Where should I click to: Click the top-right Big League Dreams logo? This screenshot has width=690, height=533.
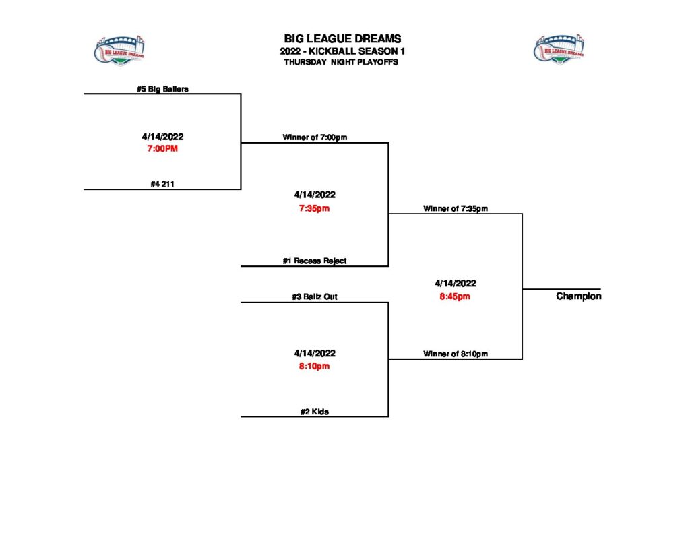[559, 50]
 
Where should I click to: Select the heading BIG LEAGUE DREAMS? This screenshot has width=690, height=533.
[342, 39]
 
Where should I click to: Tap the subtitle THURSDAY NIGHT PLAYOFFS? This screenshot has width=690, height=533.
[341, 62]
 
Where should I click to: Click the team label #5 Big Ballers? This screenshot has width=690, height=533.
[162, 88]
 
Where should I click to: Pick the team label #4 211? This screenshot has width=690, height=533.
[162, 184]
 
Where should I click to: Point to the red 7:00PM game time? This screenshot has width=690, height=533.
[162, 149]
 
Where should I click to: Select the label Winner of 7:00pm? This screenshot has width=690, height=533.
[315, 137]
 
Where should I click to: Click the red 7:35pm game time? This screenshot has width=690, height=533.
[315, 208]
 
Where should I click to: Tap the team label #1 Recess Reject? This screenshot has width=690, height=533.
[315, 261]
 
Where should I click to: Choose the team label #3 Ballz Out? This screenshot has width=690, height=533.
[315, 296]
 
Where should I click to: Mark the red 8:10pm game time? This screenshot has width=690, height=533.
[315, 367]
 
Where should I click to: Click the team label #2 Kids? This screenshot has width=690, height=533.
[315, 412]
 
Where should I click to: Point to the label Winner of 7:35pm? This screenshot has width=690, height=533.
[456, 208]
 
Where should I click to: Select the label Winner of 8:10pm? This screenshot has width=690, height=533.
[456, 354]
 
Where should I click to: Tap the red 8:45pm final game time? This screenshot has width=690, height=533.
[456, 297]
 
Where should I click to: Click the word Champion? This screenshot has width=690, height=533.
[578, 296]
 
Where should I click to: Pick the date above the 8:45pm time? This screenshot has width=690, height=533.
[456, 284]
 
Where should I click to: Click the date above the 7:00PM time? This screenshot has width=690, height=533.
[162, 137]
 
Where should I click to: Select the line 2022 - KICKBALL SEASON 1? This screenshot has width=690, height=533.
[342, 51]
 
